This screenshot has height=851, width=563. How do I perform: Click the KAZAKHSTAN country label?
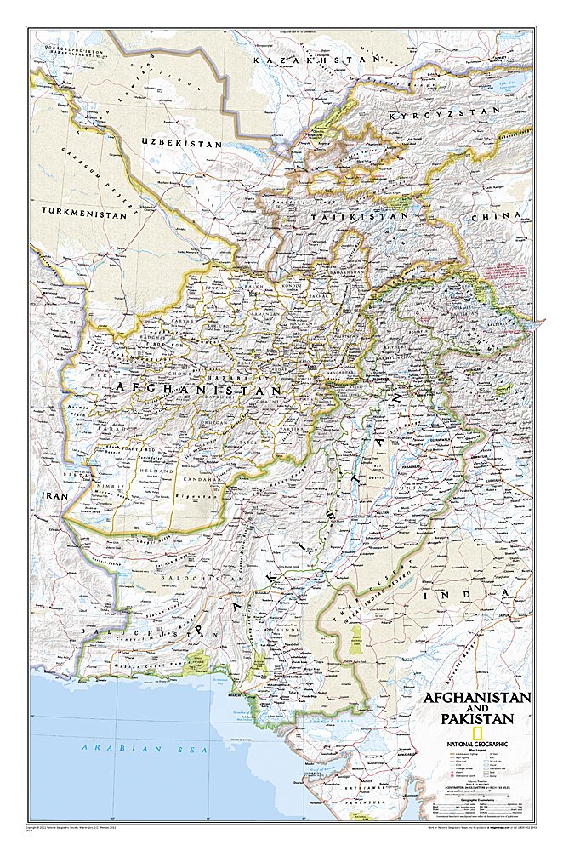click(x=315, y=60)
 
